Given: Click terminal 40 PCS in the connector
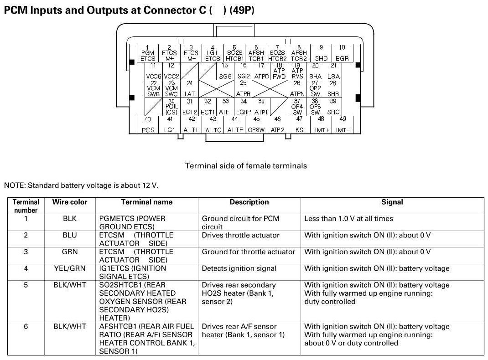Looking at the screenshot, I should [148, 125].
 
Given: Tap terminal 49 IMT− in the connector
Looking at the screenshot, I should [343, 125].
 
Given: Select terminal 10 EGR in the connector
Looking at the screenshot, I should [342, 53].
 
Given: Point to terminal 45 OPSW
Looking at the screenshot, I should [256, 125].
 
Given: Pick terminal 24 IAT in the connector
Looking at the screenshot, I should [190, 89].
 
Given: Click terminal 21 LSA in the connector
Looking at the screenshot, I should [334, 71].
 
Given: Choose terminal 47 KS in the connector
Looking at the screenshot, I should [299, 125].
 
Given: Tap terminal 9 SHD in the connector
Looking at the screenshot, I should [321, 53].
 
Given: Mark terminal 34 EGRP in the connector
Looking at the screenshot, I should [244, 107].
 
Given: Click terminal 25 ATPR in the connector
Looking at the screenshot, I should [243, 89].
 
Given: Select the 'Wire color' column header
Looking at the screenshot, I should [70, 202].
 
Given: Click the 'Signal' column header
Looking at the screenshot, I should [392, 202].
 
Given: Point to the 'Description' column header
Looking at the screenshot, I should [249, 202].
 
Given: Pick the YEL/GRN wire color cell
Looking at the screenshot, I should [70, 268].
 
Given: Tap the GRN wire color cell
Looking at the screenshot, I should [70, 252].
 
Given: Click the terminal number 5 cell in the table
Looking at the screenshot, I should [26, 285].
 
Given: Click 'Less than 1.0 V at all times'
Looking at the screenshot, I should [348, 219].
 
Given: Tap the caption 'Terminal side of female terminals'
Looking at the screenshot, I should [246, 166].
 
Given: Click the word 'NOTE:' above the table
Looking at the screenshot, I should [15, 185].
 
